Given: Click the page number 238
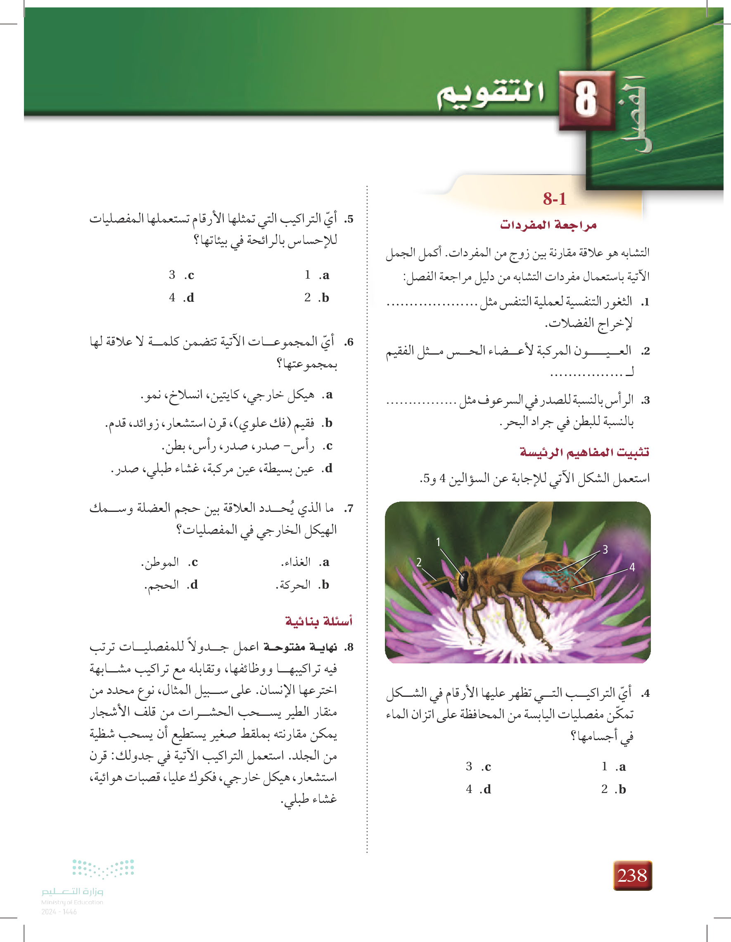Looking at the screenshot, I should point(632,875).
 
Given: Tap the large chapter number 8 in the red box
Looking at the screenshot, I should point(586,100).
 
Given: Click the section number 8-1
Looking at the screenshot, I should point(555,199).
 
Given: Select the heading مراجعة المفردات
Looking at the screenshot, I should point(548,225).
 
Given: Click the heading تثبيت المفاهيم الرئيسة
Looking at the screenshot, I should point(584,452).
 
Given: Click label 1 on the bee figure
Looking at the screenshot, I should point(438,542).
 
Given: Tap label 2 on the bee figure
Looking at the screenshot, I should point(419,562).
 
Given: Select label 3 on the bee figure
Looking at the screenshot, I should point(605,549).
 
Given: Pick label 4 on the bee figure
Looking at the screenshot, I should point(632,567).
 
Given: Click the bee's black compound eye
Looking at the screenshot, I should point(464,580).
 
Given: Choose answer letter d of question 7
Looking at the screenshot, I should point(193,585).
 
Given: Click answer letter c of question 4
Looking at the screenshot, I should point(487,767).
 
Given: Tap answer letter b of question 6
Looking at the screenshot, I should point(328,423).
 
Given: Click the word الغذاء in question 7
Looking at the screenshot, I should point(296,561).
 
